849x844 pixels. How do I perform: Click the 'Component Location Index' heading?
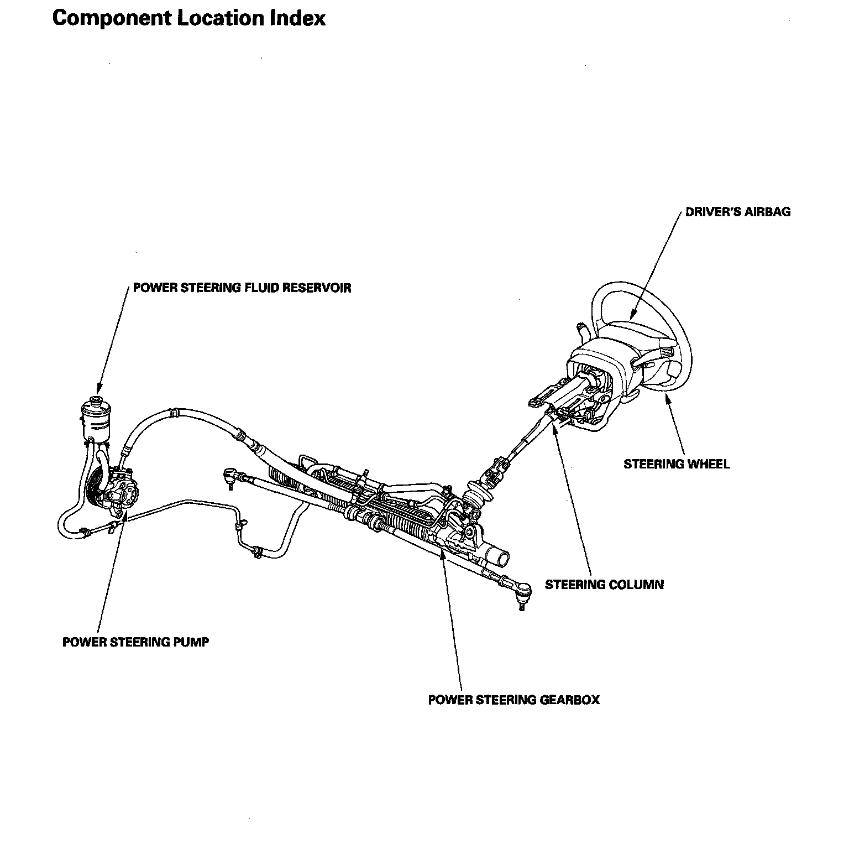188,18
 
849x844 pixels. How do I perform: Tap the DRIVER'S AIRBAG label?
737,212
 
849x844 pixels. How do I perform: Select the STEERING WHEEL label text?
677,464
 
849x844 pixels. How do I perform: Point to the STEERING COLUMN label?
604,585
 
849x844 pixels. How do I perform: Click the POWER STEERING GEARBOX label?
513,700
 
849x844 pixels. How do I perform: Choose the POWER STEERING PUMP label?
135,642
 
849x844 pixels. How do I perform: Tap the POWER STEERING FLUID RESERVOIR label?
242,288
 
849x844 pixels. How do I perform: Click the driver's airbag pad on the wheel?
630,332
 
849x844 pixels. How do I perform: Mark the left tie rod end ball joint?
229,475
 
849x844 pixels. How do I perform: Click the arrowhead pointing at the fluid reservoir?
98,390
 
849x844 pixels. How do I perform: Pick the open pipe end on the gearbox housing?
502,558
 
